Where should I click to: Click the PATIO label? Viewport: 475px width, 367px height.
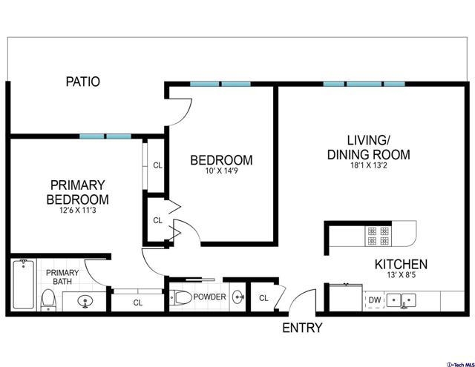[x=83, y=82]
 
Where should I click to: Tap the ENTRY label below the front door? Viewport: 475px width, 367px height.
[x=302, y=328]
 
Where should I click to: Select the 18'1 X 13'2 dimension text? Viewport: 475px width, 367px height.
[x=369, y=165]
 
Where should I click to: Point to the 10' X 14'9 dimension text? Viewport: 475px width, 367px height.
[x=222, y=171]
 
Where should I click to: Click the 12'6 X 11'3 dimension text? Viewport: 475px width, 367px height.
[x=78, y=210]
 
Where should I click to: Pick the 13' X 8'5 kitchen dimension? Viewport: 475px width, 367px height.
[x=401, y=275]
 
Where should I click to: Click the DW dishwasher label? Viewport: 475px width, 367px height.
[x=375, y=300]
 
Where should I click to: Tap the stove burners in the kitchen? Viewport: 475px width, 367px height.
[x=378, y=236]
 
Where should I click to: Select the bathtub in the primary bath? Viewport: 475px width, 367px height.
[x=23, y=284]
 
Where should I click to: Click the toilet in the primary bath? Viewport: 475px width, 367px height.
[x=47, y=300]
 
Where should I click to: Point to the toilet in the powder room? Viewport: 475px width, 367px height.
[x=180, y=297]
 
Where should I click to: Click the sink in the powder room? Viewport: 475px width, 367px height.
[x=237, y=297]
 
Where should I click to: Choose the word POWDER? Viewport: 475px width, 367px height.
[x=209, y=297]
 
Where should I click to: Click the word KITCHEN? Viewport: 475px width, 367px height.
[x=401, y=264]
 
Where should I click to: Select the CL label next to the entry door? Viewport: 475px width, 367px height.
[x=263, y=298]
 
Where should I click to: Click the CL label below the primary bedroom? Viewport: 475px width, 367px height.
[x=138, y=302]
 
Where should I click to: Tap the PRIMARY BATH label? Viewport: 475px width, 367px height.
[x=62, y=277]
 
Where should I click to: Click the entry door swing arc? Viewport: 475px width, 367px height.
[x=296, y=296]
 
